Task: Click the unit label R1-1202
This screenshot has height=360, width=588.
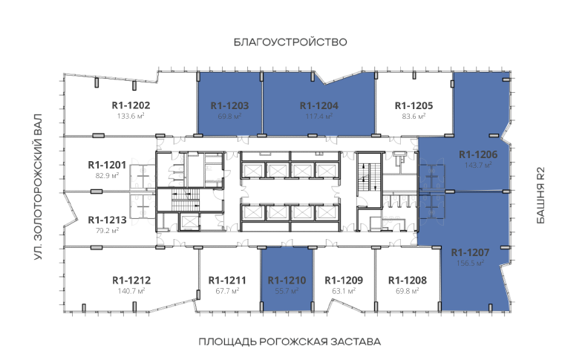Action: point(131,105)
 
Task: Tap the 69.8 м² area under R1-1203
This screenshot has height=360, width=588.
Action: point(229,117)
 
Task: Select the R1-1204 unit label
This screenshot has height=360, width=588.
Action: point(319,105)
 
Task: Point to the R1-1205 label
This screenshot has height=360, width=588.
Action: point(414,105)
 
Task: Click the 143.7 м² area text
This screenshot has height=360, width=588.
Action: point(478,165)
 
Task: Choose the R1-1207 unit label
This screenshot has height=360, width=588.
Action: point(470,252)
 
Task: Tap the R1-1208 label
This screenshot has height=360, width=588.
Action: point(408,280)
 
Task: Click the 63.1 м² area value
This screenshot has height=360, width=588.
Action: point(344,291)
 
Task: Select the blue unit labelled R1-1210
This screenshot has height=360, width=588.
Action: point(287,280)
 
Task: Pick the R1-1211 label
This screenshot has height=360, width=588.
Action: point(227,280)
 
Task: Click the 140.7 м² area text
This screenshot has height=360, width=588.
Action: point(131,291)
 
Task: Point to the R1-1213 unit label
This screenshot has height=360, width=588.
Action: point(107,220)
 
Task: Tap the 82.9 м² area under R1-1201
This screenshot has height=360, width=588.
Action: point(107,175)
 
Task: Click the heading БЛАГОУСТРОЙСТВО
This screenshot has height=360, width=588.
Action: point(290,42)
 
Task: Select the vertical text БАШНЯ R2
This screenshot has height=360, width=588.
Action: point(540,195)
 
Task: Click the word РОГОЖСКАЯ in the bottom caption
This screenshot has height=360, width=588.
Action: point(293,342)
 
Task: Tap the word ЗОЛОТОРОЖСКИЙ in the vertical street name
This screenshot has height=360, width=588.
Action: point(38,191)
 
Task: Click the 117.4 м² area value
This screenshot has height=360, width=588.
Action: point(319,117)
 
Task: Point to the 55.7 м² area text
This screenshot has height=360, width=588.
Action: point(287,291)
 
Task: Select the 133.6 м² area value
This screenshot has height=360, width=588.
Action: point(131,116)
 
